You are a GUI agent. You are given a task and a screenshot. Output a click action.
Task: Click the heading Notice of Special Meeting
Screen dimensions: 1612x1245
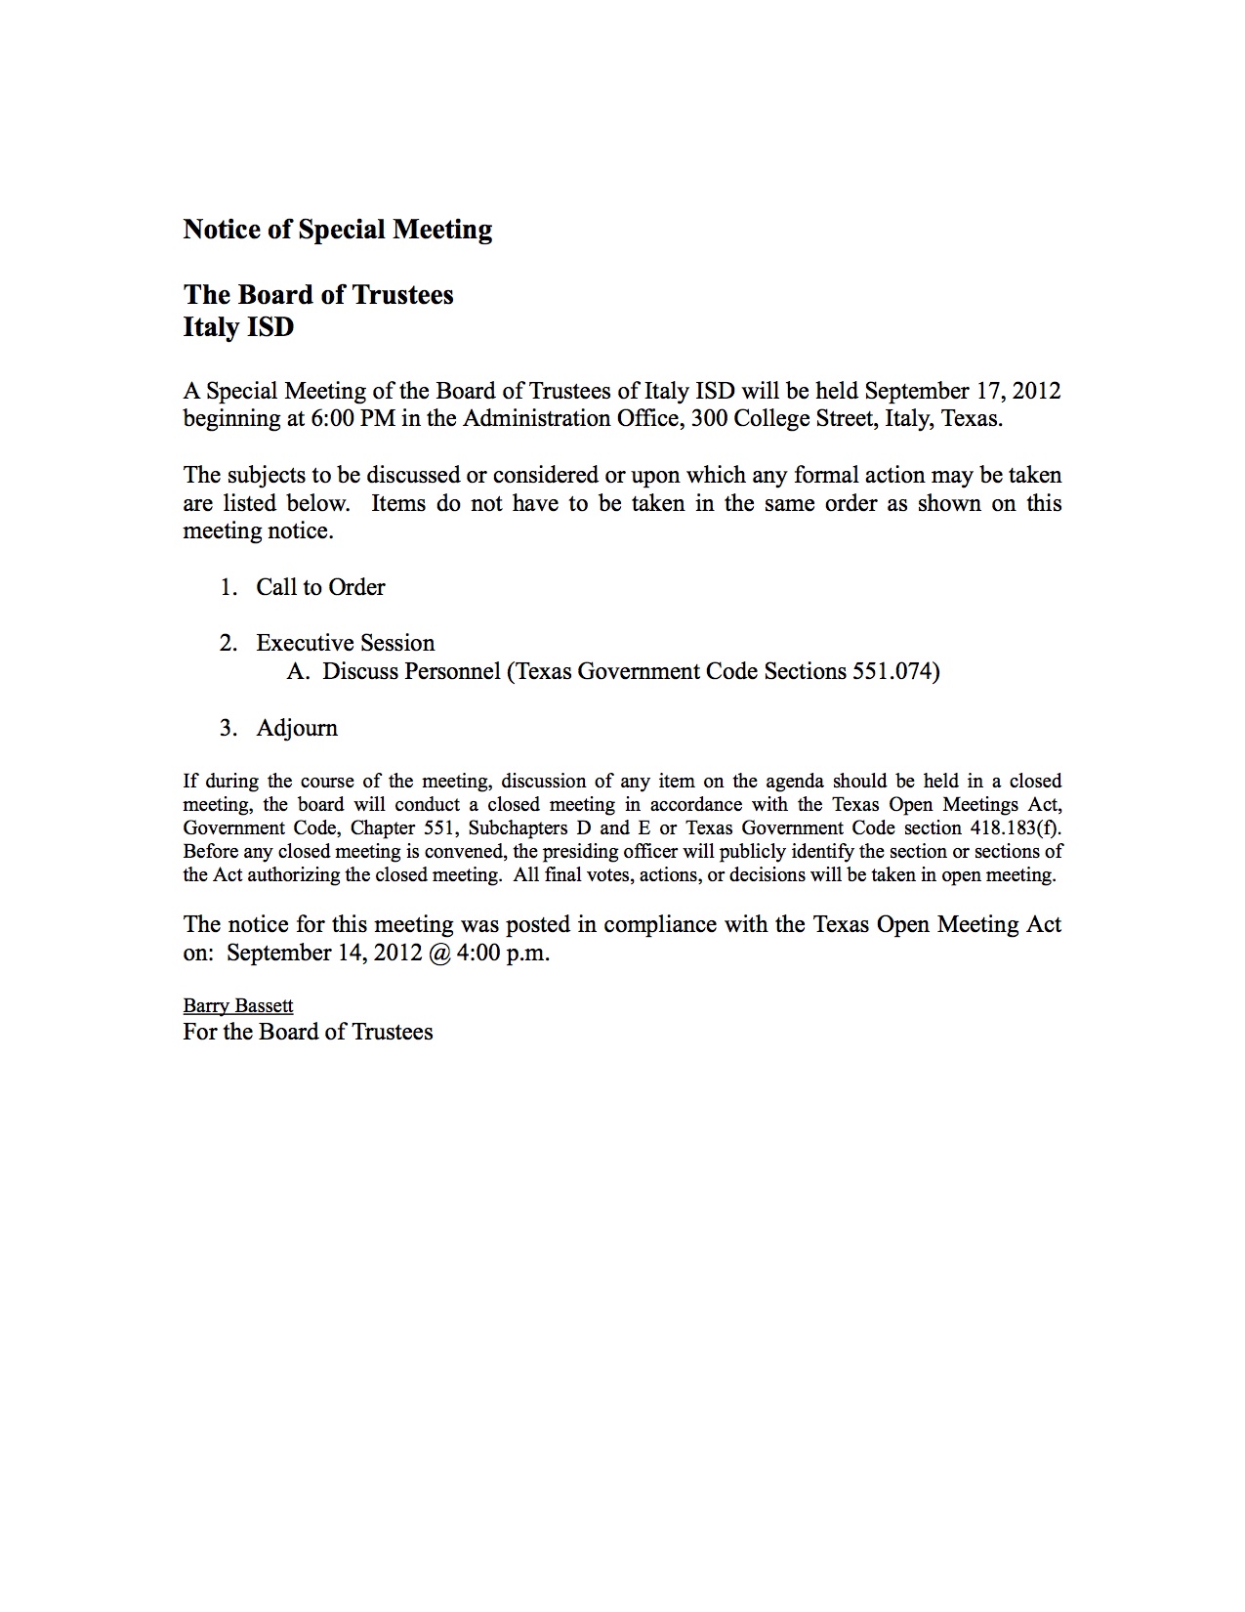[337, 230]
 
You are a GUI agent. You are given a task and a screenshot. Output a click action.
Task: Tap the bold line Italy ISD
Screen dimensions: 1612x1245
[238, 326]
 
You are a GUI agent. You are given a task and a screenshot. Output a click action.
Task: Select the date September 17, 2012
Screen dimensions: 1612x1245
[962, 391]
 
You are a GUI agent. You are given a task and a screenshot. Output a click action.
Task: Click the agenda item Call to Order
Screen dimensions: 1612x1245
[320, 587]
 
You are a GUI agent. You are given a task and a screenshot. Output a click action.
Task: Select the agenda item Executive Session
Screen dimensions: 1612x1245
[345, 643]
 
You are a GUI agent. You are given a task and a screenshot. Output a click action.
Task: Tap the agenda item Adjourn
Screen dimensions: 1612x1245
[297, 728]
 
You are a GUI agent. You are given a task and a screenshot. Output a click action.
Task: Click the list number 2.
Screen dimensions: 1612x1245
[228, 643]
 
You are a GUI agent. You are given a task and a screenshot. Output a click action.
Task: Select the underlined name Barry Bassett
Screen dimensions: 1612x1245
[238, 1005]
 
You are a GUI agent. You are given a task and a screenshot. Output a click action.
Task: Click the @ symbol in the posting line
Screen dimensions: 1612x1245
[438, 953]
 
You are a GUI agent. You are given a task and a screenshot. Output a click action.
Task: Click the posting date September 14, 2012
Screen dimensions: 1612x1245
[323, 953]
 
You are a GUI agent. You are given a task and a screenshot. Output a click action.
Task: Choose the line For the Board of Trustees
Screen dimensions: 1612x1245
[308, 1032]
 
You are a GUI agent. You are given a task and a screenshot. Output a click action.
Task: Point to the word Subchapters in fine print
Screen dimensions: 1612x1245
[518, 827]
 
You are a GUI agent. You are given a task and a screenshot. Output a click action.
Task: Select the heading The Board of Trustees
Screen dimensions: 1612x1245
[318, 295]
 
